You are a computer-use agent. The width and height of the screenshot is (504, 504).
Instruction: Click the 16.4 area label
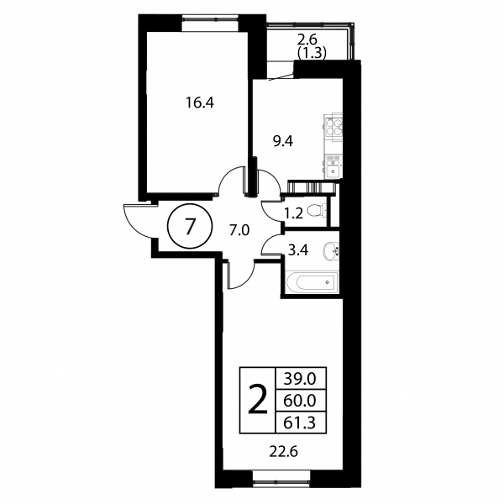pos(200,102)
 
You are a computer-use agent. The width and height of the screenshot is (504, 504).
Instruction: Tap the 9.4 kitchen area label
pos(283,141)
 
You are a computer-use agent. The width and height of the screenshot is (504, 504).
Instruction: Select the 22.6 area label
pos(284,452)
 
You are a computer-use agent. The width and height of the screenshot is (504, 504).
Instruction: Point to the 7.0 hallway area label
pos(239,230)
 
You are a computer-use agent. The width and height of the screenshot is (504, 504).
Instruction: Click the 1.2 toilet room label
pos(294,213)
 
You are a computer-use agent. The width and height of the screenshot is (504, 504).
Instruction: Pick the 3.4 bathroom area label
pos(298,249)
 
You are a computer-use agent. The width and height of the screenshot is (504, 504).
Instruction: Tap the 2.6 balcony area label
pos(307,40)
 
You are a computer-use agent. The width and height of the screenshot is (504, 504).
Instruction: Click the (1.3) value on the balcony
pos(312,53)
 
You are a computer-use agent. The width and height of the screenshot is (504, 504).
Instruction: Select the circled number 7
pos(190,226)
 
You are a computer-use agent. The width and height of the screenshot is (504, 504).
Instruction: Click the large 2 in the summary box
pos(258,400)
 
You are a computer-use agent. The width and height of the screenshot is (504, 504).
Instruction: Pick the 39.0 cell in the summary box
pos(300,379)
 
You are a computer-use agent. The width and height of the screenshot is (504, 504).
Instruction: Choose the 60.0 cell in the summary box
pos(300,401)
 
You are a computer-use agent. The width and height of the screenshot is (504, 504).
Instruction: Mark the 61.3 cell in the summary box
pos(300,423)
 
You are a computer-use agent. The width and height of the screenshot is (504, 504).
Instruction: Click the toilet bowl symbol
pos(318,211)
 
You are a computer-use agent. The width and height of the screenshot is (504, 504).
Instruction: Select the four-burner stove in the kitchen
pos(333,127)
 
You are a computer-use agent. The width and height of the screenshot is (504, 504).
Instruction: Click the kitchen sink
pos(333,166)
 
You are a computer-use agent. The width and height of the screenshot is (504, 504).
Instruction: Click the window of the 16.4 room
pos(211,24)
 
